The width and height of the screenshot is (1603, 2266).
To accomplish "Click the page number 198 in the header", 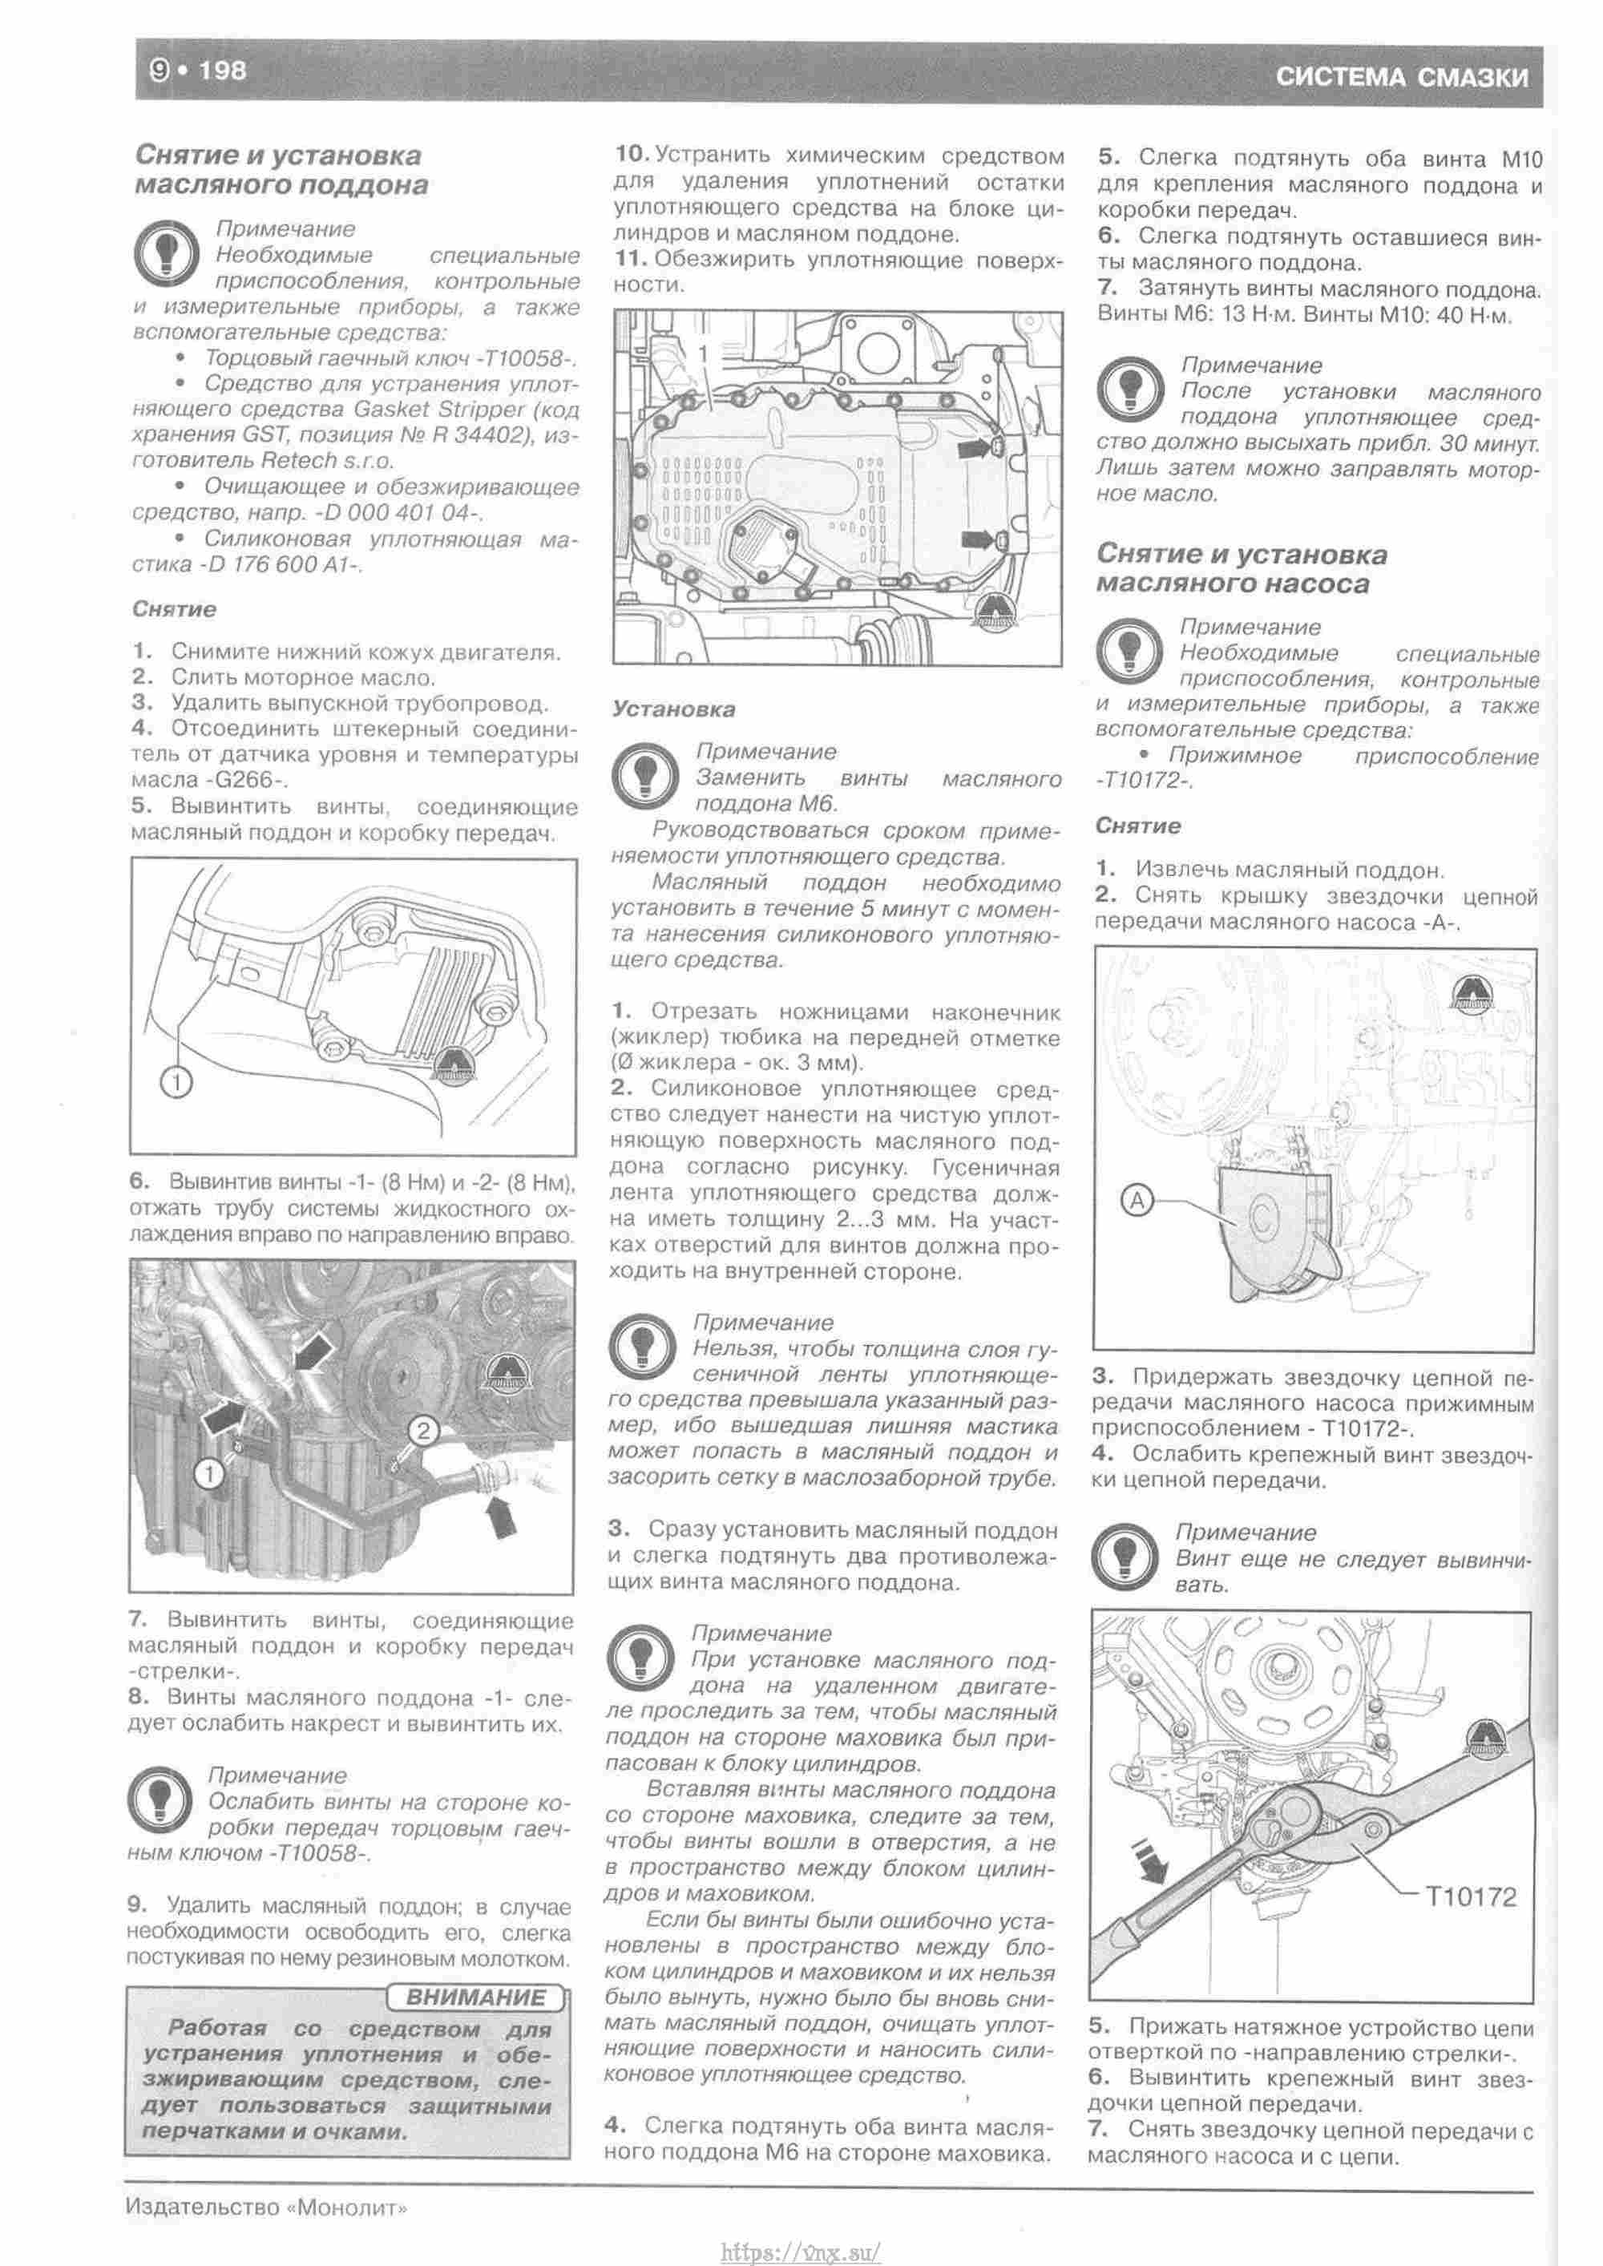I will [x=222, y=71].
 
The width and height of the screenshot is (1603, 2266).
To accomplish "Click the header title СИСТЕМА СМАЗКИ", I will [x=1402, y=77].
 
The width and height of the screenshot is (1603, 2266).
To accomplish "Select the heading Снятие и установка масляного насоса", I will [x=1241, y=569].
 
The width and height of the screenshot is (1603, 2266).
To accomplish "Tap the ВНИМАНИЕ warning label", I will [x=476, y=1997].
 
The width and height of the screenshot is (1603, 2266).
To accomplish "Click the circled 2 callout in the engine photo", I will [x=422, y=1430].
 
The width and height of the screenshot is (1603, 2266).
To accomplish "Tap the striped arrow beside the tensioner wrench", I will [x=1148, y=1860].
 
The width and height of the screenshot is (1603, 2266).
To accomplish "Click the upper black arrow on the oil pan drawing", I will [x=977, y=450].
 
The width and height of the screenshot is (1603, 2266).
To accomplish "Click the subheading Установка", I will [x=673, y=709].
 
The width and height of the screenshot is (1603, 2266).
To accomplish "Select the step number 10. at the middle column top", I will [x=631, y=155].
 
